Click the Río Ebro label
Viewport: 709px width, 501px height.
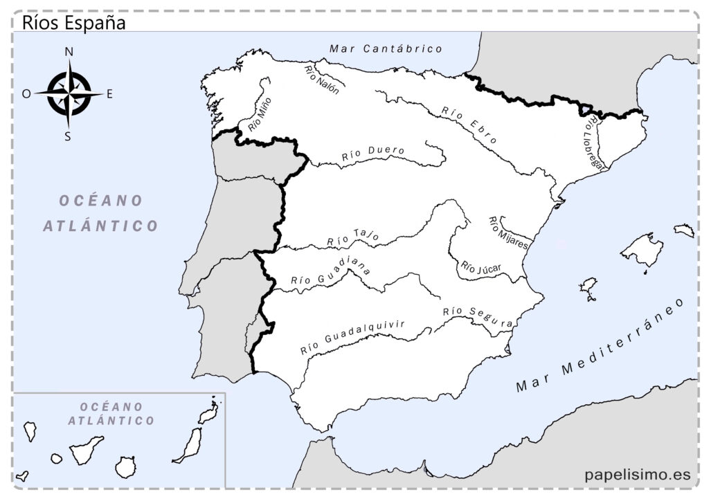point(469,125)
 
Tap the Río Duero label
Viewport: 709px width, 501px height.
point(373,154)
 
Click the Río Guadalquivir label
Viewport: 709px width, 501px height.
point(352,338)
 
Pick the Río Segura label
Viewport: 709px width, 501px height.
point(478,317)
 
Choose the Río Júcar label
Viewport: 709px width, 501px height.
point(481,268)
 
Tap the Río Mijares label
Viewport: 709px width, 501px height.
point(509,233)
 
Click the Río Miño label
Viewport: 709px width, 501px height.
point(260,114)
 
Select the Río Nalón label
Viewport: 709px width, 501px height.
point(322,80)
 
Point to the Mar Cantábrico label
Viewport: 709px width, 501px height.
point(386,48)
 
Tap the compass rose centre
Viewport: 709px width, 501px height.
point(69,93)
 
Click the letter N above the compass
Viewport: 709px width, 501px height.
point(69,52)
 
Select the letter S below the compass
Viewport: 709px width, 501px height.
point(68,136)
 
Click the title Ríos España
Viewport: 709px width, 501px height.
point(73,22)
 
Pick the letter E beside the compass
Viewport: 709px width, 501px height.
point(109,94)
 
